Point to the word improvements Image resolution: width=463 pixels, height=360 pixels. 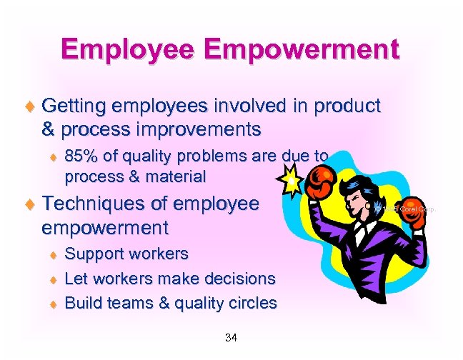(189, 131)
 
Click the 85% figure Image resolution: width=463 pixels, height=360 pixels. (80, 156)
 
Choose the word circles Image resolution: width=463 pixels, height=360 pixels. (250, 302)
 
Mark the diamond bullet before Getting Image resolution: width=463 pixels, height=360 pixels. (29, 108)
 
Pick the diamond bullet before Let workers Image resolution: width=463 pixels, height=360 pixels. (51, 279)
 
